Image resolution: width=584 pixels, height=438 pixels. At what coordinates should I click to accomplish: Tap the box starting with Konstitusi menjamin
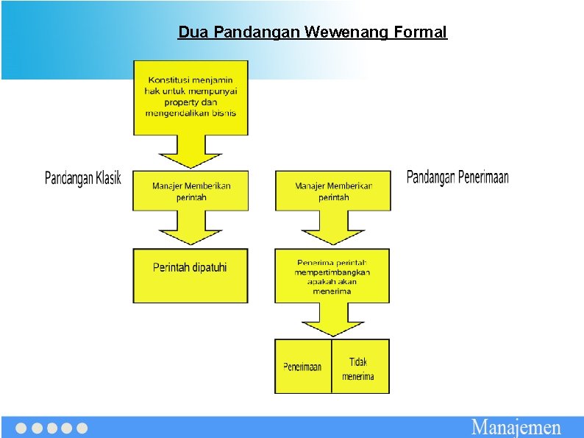190,97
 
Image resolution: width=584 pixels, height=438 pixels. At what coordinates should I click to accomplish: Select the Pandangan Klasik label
83,178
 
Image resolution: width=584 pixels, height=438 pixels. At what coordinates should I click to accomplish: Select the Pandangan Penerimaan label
457,177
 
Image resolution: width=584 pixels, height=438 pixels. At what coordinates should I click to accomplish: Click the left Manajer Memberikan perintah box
190,191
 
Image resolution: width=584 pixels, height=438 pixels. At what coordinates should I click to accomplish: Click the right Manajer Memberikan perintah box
333,191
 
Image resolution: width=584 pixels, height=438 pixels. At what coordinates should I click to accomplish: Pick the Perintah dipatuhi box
190,275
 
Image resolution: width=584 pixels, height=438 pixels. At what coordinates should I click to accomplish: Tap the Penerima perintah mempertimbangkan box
332,276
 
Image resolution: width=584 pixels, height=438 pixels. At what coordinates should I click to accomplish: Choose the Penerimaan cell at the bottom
302,367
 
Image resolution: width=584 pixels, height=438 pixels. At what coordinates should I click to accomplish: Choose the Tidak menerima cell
359,367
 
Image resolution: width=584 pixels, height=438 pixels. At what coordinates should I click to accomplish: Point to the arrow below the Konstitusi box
190,152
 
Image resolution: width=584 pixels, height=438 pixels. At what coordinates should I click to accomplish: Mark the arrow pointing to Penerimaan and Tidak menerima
333,321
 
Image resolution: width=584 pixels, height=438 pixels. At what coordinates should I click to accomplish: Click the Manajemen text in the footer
516,428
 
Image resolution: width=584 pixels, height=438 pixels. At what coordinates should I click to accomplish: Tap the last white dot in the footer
82,428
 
